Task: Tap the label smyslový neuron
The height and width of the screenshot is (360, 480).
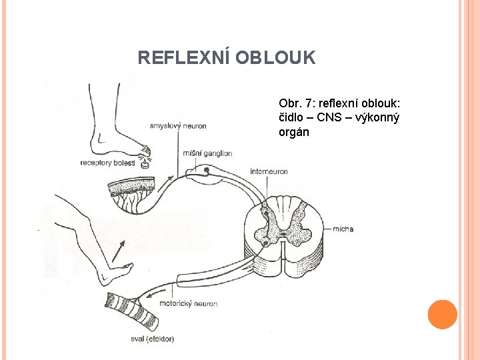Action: pos(178,125)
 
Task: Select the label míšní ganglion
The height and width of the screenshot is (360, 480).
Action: pos(207,153)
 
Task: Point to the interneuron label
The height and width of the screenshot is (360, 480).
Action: pos(269,171)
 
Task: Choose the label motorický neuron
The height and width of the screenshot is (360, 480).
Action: pos(188,304)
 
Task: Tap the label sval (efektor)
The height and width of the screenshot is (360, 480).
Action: pos(153,339)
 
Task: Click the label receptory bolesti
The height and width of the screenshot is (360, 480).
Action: pos(107,163)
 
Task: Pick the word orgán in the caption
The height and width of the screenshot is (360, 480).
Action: pos(294,131)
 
